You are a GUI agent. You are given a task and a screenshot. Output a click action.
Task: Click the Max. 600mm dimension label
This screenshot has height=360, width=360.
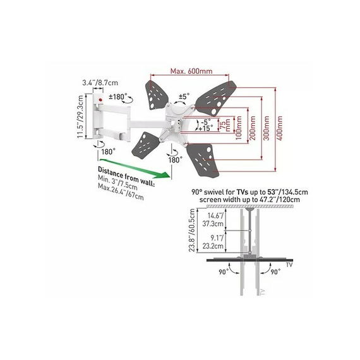(x=191, y=71)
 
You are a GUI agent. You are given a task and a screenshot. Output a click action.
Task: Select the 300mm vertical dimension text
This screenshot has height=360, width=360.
(x=266, y=128)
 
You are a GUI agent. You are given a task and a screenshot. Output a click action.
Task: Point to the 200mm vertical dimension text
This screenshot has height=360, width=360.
(x=253, y=128)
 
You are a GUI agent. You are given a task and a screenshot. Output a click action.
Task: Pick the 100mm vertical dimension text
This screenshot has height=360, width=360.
(x=239, y=128)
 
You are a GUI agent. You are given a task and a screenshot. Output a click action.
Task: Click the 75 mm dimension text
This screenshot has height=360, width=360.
(x=225, y=125)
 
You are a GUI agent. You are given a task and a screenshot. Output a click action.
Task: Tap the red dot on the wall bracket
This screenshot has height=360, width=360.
(x=100, y=100)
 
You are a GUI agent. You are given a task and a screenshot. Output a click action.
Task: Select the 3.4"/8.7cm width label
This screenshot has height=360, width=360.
(x=100, y=83)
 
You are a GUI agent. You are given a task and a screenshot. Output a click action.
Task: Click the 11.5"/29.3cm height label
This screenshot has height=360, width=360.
(x=80, y=117)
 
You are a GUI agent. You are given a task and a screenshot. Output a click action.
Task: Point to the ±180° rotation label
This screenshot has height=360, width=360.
(x=117, y=97)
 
